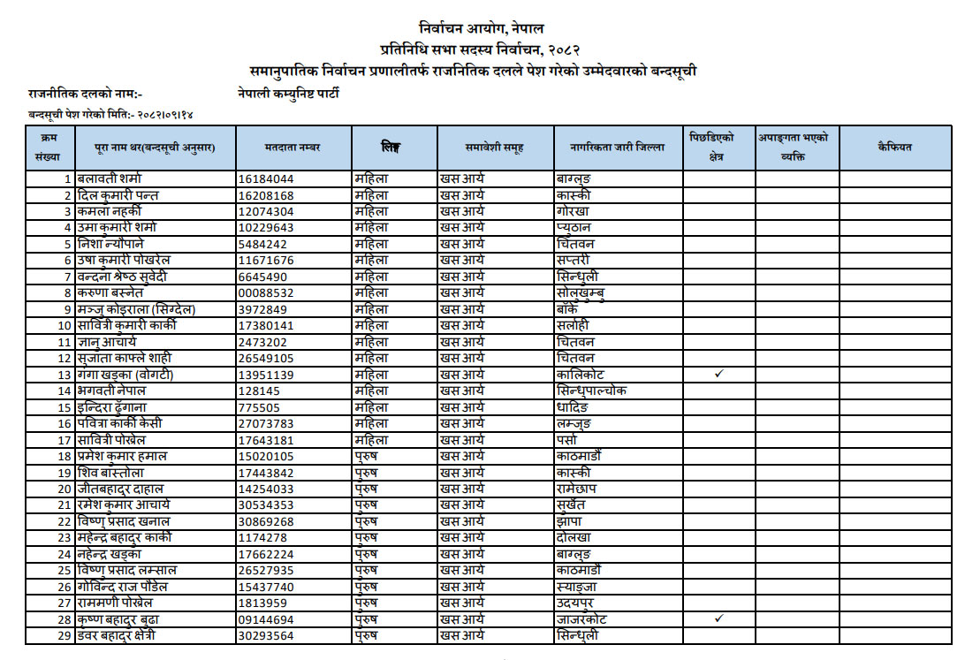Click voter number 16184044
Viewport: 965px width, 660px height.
(266, 178)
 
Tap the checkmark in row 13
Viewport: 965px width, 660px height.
(718, 375)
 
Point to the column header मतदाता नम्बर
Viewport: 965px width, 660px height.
(293, 148)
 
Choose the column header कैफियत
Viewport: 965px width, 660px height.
(894, 148)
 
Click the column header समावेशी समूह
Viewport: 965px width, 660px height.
(495, 148)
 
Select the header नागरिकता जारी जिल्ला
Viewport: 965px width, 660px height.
(619, 148)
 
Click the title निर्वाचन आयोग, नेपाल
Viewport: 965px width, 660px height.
(482, 29)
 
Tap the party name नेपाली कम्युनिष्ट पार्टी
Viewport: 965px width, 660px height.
(288, 93)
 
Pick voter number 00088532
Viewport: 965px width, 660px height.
(266, 292)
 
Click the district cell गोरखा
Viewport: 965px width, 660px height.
(573, 211)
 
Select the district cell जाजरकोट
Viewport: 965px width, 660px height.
(582, 619)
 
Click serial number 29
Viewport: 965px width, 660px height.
(64, 635)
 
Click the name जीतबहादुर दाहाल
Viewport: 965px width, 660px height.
(120, 489)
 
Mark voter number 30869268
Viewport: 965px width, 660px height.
(266, 521)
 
